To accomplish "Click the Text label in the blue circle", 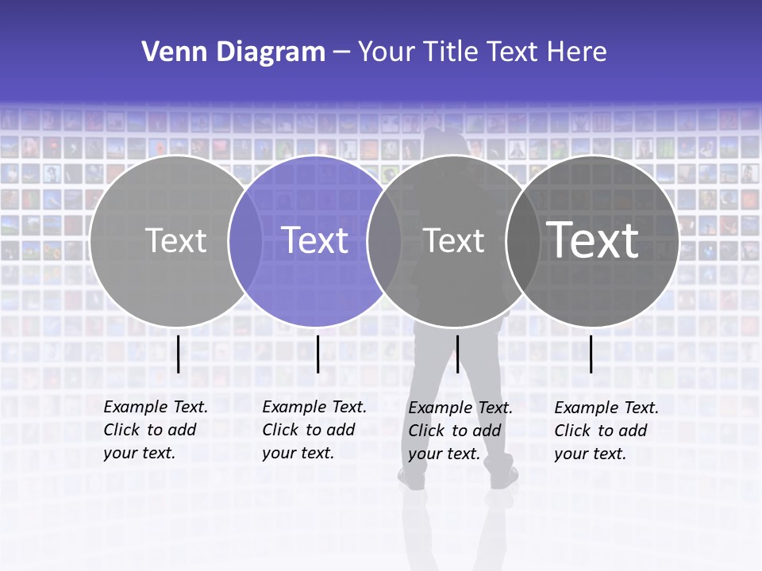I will pos(315,240).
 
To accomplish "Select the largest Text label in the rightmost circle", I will pos(593,240).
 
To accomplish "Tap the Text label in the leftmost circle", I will pos(176,240).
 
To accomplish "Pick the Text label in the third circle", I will pos(454,240).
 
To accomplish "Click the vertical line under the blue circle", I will pos(317,354).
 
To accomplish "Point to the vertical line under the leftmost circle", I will pos(179,354).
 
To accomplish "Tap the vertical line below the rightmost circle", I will pos(591,354).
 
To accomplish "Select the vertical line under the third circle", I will pos(457,354).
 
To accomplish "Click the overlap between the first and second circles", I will pos(245,240).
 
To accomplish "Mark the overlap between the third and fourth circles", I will pos(522,240).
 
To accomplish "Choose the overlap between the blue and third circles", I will pos(384,240).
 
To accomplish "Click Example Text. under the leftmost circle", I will pos(156,407).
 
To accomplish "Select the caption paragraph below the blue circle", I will pos(314,430).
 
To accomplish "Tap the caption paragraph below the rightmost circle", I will pos(606,431).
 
